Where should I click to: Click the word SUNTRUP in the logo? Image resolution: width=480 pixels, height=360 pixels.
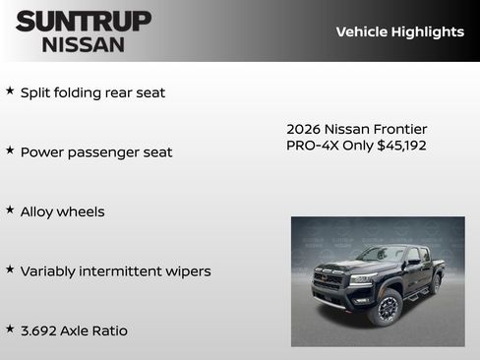click(x=84, y=21)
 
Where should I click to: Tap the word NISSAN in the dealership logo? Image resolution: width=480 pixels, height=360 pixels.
click(x=84, y=44)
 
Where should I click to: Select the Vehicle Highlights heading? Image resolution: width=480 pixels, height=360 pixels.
click(x=399, y=31)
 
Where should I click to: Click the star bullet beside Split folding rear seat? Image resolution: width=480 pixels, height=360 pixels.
click(x=10, y=91)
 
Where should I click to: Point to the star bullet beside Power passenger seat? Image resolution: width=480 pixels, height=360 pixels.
click(x=10, y=150)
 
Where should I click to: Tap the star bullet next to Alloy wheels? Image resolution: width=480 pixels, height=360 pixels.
click(x=10, y=210)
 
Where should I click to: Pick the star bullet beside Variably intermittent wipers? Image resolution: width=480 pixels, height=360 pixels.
click(x=10, y=270)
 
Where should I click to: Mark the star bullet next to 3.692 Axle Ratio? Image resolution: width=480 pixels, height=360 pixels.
click(x=10, y=329)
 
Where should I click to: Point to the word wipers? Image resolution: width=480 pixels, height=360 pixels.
click(x=186, y=271)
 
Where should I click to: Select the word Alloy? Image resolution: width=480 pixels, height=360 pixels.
click(x=39, y=211)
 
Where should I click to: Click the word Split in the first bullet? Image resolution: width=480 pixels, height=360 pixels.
click(x=37, y=92)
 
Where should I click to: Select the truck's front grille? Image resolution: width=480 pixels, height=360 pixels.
click(x=330, y=280)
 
